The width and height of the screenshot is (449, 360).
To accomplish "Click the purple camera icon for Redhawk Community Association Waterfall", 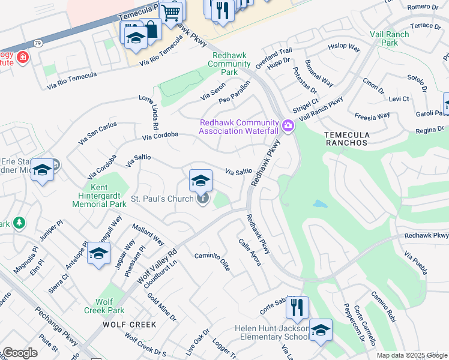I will pyautogui.click(x=288, y=126).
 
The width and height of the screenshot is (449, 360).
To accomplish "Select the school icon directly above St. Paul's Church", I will pyautogui.click(x=200, y=180).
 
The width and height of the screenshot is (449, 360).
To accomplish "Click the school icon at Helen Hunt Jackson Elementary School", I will pyautogui.click(x=321, y=330).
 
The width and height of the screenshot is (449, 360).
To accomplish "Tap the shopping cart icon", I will pyautogui.click(x=171, y=11).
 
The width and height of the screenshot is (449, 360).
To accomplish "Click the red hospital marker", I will pyautogui.click(x=22, y=58).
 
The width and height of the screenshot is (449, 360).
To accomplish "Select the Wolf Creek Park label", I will pyautogui.click(x=109, y=306).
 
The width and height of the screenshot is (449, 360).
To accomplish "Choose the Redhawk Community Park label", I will pyautogui.click(x=229, y=64).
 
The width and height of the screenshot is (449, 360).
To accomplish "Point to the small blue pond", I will pyautogui.click(x=319, y=204).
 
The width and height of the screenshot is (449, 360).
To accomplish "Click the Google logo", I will pyautogui.click(x=20, y=353).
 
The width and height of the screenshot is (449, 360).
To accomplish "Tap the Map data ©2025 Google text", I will pyautogui.click(x=411, y=355).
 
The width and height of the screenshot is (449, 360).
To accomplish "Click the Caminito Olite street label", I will pyautogui.click(x=212, y=262).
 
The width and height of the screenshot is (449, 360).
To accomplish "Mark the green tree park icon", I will pyautogui.click(x=19, y=223).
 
